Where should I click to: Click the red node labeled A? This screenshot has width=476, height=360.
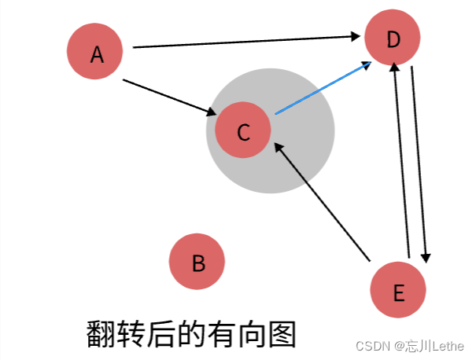click(x=95, y=52)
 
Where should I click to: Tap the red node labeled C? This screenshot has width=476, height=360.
click(x=243, y=130)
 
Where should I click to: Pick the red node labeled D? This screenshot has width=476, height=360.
click(x=393, y=37)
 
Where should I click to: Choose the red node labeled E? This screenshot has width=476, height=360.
click(x=398, y=290)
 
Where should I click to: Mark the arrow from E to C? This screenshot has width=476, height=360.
click(x=322, y=201)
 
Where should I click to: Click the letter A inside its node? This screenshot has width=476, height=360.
click(x=97, y=53)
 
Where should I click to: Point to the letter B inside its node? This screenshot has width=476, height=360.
click(x=198, y=262)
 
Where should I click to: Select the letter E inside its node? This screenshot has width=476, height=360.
click(x=398, y=292)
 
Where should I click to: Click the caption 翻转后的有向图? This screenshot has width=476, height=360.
click(x=190, y=334)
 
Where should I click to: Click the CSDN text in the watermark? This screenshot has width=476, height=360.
click(x=372, y=347)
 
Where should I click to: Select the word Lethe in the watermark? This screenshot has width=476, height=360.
click(x=447, y=347)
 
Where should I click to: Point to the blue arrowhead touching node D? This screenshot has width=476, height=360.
click(x=368, y=65)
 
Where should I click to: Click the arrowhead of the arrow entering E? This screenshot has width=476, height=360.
click(x=426, y=258)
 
